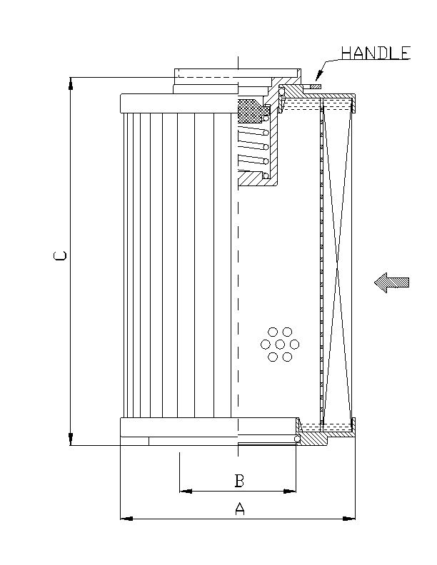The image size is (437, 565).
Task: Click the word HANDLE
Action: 376,53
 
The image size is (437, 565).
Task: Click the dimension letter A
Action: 240,509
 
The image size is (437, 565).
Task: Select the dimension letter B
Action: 240,481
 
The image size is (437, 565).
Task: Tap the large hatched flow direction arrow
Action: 392,282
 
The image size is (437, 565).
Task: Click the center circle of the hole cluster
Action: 280,345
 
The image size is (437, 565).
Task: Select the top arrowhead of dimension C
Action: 71,83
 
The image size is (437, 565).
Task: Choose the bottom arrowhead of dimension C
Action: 71,439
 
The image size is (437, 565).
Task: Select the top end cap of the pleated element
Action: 179,103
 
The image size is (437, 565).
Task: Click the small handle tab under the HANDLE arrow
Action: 314,87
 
